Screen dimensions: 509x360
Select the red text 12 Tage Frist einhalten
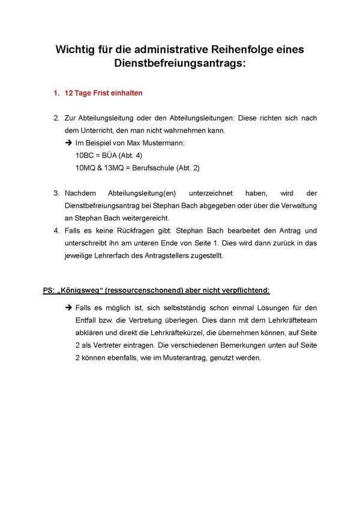103,94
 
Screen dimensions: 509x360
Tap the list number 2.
56,118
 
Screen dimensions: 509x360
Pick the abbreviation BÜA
110,156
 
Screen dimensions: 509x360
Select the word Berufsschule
150,168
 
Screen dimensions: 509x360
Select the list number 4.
56,231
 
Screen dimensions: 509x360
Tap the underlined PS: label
49,291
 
